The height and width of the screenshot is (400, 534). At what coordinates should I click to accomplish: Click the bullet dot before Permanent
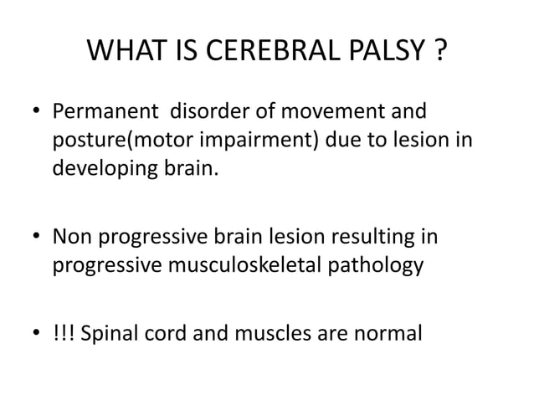tap(34, 112)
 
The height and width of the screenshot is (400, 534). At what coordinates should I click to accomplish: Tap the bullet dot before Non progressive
tap(34, 238)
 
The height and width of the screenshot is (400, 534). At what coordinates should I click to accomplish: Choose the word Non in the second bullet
tap(70, 237)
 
